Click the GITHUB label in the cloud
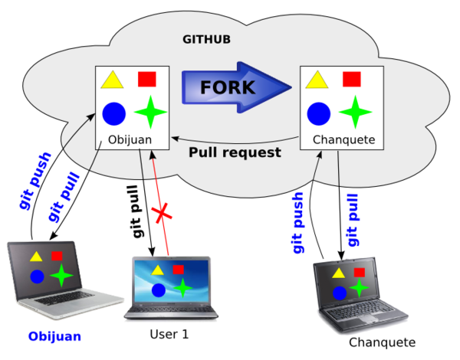pyautogui.click(x=206, y=38)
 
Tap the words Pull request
pyautogui.click(x=235, y=152)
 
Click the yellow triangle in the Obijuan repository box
pyautogui.click(x=113, y=80)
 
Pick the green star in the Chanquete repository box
pyautogui.click(x=351, y=113)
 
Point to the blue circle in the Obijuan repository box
pyautogui.click(x=114, y=113)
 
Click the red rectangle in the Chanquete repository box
pyautogui.click(x=351, y=79)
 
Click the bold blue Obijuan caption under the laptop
pyautogui.click(x=54, y=336)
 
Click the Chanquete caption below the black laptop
pyautogui.click(x=382, y=342)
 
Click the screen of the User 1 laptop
pyautogui.click(x=170, y=280)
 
